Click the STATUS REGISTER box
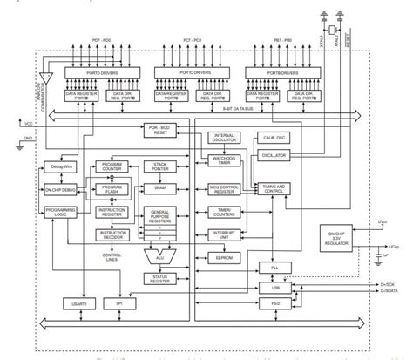click(x=161, y=279)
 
